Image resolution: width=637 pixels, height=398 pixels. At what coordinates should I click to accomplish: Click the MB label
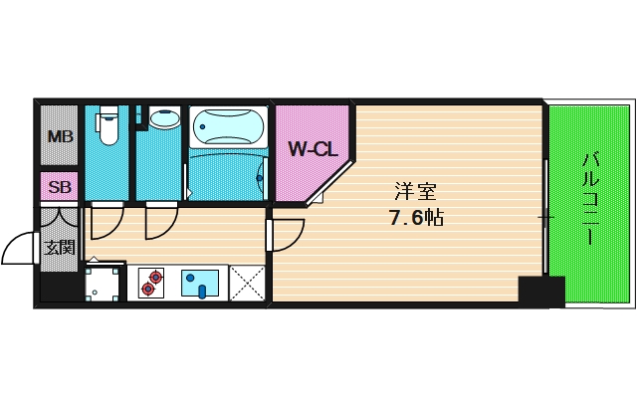pos(60,136)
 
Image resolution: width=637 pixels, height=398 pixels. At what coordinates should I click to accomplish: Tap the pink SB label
pos(60,186)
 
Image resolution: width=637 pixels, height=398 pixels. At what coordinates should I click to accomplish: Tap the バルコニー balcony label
pos(589,199)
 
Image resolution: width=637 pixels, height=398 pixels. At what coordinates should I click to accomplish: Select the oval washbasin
pos(162,120)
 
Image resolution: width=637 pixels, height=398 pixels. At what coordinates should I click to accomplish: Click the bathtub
pos(228,126)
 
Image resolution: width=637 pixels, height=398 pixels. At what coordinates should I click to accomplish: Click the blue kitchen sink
pos(203,283)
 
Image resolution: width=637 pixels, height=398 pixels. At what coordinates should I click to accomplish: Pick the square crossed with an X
pos(247,283)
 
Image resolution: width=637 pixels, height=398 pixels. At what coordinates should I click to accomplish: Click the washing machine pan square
pos(104,283)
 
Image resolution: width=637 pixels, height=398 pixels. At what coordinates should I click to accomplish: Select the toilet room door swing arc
pos(104,223)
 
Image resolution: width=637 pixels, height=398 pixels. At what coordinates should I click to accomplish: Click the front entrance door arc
pos(20,249)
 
